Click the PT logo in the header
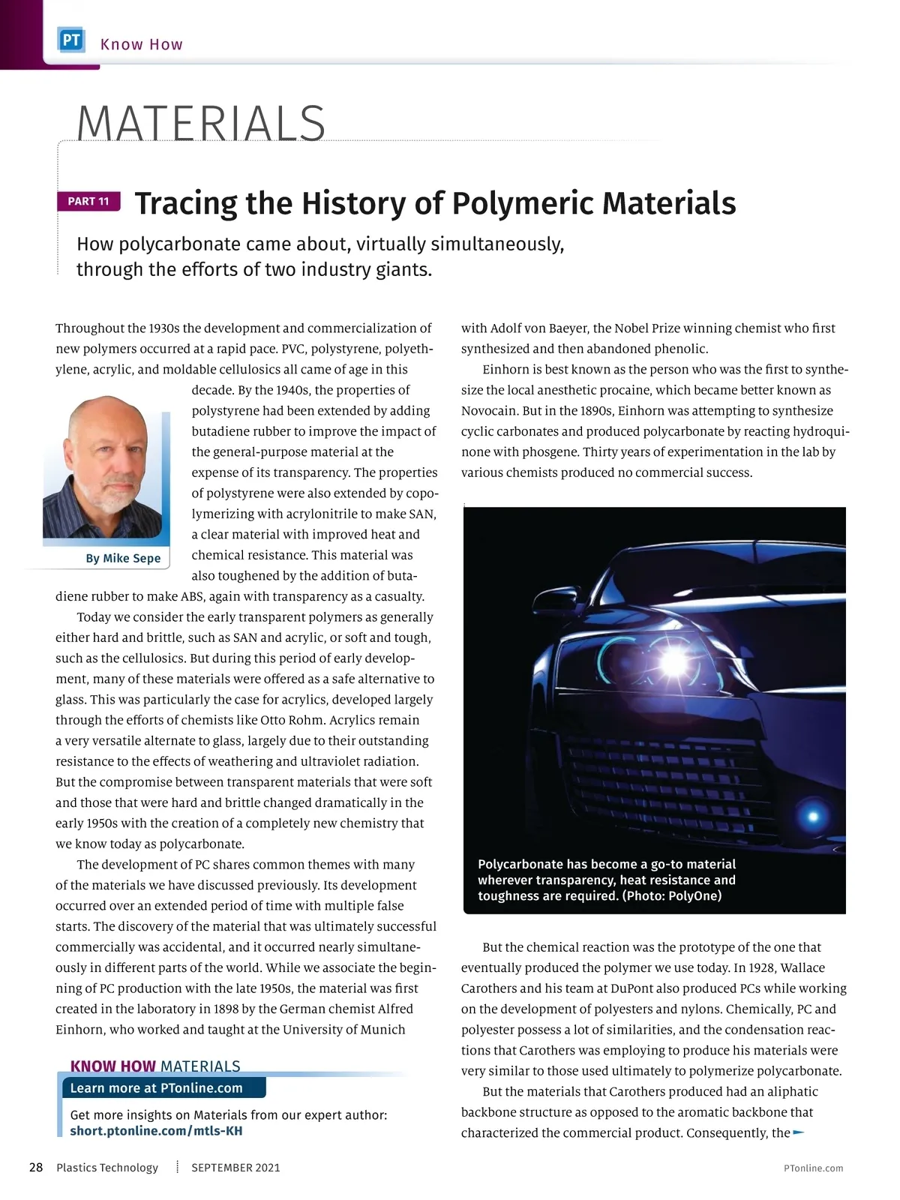[x=72, y=40]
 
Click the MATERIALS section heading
[x=201, y=124]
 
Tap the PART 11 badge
[x=88, y=201]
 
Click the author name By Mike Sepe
[x=123, y=558]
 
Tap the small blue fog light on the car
[x=812, y=815]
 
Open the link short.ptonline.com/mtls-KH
[x=156, y=1130]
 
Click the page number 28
[x=36, y=1168]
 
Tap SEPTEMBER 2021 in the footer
[x=235, y=1168]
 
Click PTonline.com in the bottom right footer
[x=813, y=1168]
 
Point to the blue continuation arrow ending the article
[x=798, y=1132]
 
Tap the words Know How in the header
[x=142, y=44]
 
